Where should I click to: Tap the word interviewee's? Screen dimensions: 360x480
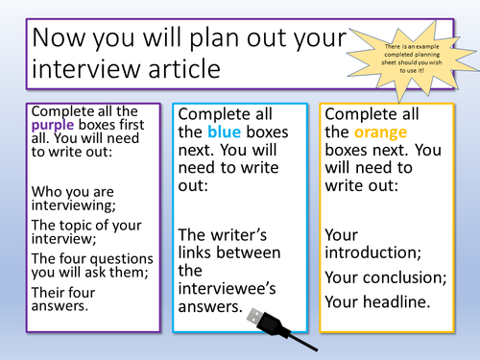230,287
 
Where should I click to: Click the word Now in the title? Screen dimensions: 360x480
64,38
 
